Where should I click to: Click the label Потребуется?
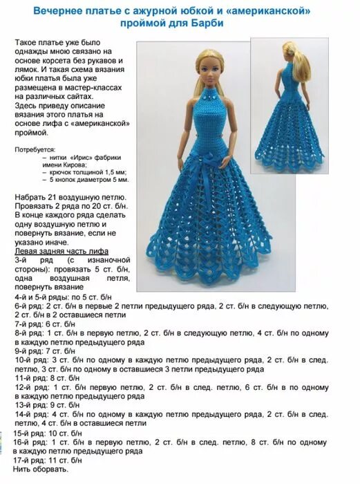tap(37, 149)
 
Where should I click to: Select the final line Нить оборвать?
tap(41, 470)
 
